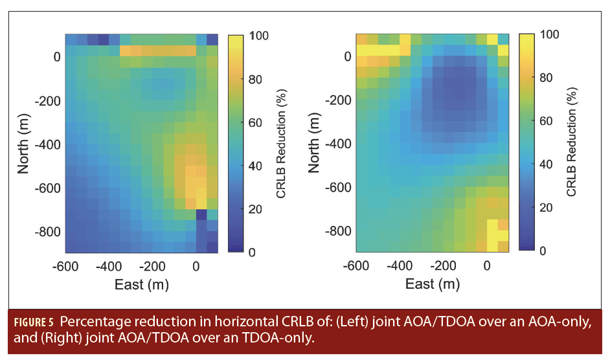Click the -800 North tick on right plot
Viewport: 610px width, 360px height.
pos(338,231)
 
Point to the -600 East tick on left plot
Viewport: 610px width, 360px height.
pos(65,265)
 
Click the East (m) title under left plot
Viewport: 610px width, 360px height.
pos(141,284)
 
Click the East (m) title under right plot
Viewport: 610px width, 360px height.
pos(432,284)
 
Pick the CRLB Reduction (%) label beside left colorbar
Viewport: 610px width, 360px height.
pos(281,142)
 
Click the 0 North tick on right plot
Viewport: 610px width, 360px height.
pos(348,57)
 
